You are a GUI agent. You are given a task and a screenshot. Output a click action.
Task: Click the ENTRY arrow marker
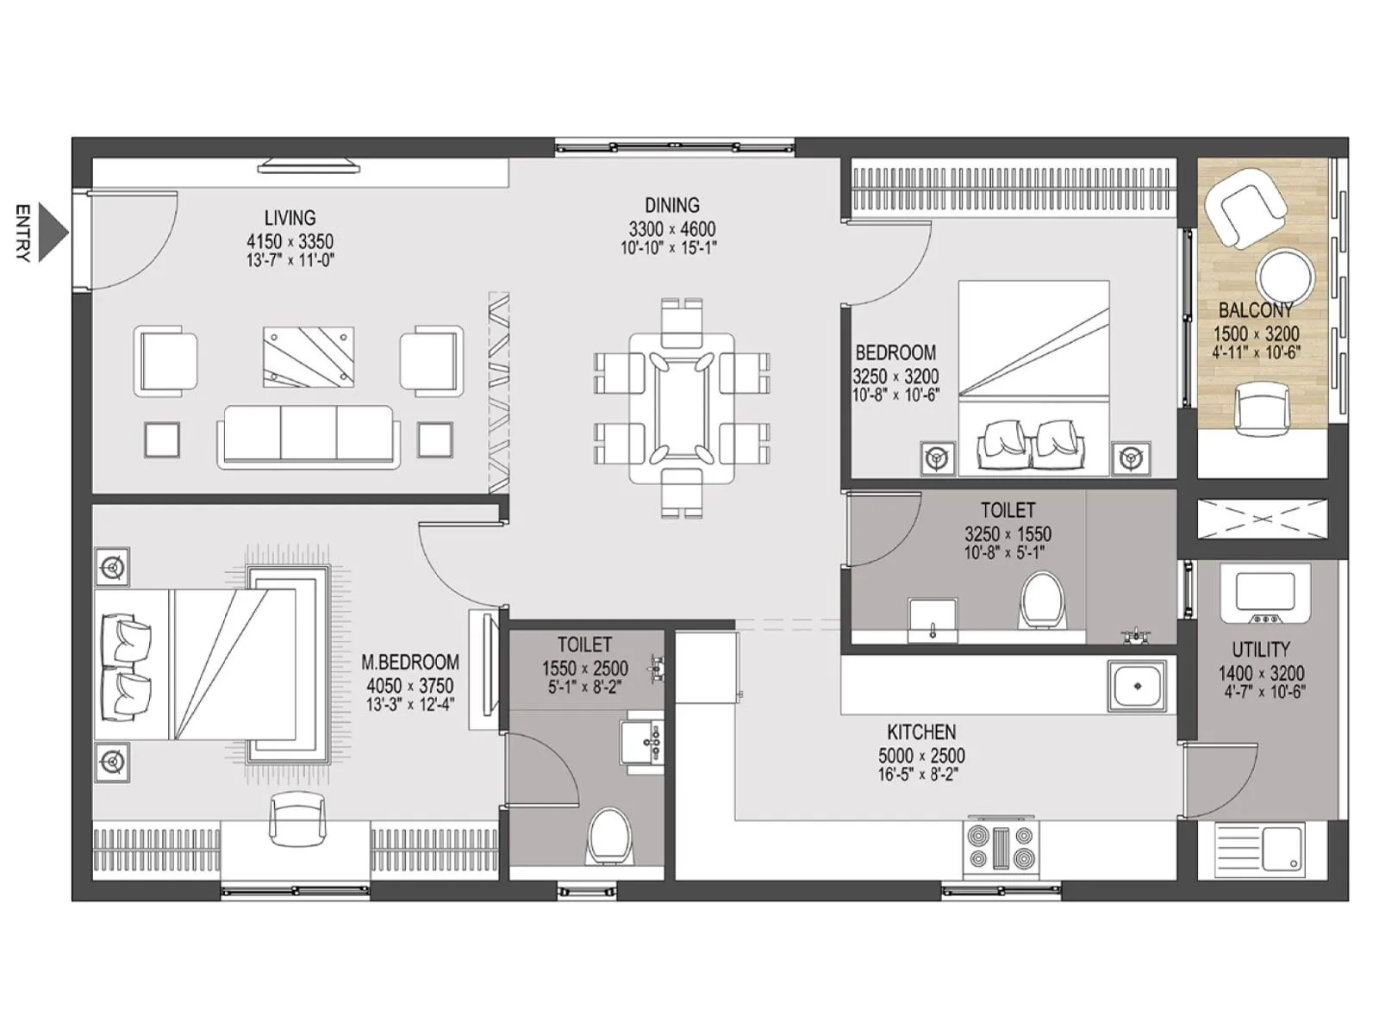pos(53,233)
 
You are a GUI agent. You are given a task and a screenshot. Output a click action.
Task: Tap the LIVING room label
pos(290,218)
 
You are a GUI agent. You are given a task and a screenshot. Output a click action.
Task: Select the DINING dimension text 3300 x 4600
pos(671,229)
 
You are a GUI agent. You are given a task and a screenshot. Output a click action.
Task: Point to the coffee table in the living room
pos(309,357)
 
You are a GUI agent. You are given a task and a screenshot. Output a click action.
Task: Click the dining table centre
pos(681,410)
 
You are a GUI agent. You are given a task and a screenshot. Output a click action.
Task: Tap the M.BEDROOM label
pos(409,662)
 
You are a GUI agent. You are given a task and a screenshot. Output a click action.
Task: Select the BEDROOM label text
pos(895,352)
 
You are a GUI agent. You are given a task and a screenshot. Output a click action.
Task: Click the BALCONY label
pos(1256,310)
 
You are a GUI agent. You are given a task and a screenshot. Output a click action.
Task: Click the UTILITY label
pos(1261,650)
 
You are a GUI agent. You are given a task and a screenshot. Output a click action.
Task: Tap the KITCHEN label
pos(921,732)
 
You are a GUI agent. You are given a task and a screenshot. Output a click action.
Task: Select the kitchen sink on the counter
pos(1137,685)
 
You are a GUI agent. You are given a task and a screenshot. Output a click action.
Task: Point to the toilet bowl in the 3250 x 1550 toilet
pos(1042,600)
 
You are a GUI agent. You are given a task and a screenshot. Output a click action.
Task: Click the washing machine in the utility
pos(1264,594)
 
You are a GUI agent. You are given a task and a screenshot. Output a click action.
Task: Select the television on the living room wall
pos(309,164)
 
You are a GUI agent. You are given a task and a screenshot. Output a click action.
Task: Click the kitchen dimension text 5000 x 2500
pos(921,756)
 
